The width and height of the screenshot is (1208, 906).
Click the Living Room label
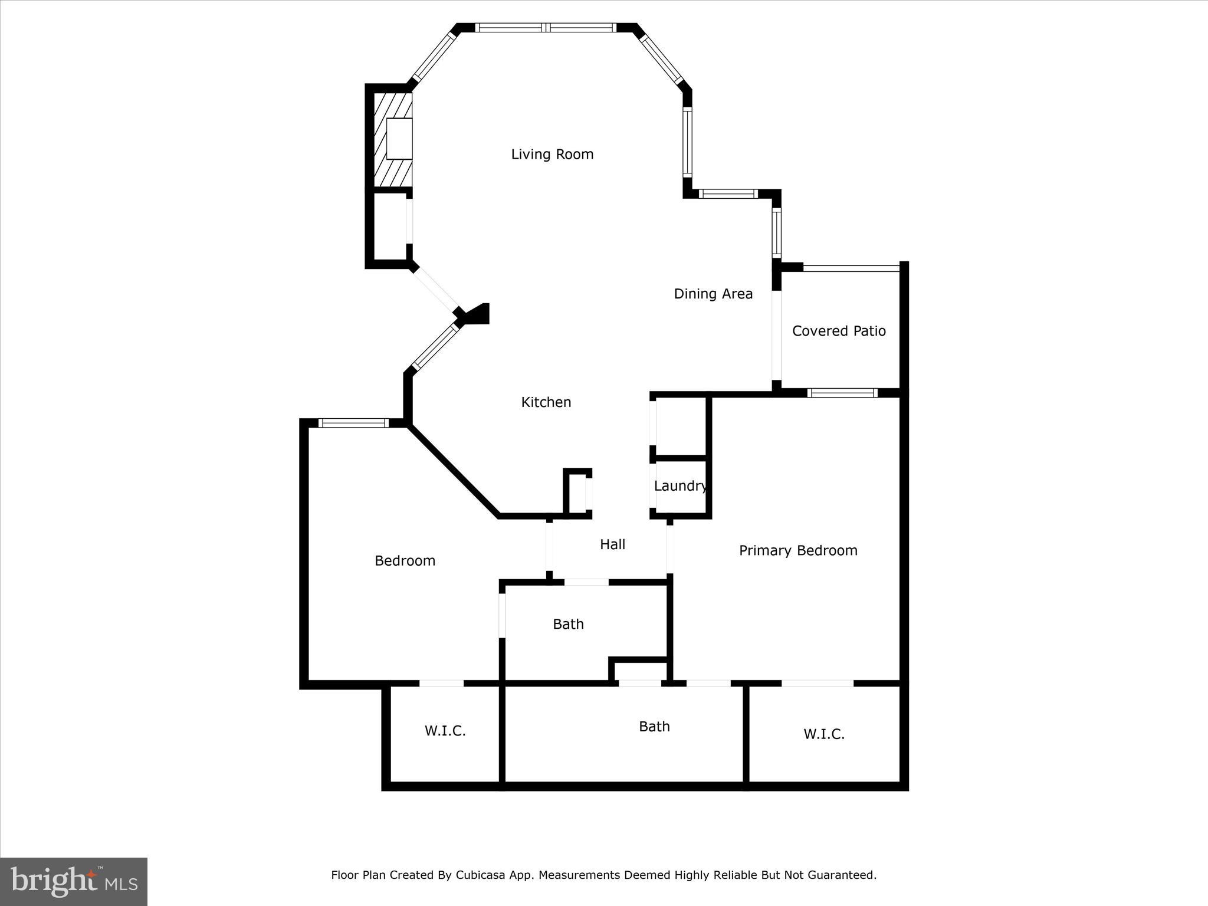pos(552,155)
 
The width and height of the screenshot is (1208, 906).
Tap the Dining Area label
pos(713,294)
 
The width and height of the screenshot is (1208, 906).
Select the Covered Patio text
pos(839,331)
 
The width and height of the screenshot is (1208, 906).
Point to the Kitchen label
pos(546,402)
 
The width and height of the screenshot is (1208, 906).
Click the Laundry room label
pos(680,486)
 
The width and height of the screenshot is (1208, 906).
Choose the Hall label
pos(612,544)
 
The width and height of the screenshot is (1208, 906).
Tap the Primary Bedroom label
pos(798,551)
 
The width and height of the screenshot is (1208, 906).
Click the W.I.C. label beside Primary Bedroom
pos(824,734)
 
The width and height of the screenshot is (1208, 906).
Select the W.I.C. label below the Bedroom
pos(445,731)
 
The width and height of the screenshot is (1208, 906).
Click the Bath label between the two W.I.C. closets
pos(654,727)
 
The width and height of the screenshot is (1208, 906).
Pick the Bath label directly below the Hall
pos(568,624)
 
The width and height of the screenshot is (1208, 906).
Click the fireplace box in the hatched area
pos(399,139)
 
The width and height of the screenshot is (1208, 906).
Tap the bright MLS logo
pos(74,881)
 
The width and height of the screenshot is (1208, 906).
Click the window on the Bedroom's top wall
pos(353,422)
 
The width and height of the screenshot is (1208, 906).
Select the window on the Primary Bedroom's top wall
pos(842,393)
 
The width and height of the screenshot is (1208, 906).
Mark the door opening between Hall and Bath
pos(586,582)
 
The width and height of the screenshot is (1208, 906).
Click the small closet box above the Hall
pos(577,493)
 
